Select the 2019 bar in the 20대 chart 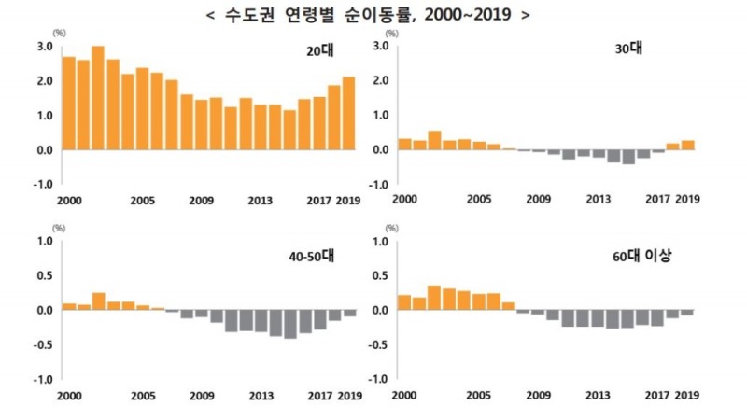pos(348,113)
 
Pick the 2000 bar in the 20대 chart pos(68,103)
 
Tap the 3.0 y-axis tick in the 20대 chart pos(45,46)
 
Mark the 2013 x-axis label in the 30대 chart pos(597,199)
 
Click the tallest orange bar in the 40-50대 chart pos(98,301)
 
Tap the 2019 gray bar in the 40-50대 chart pos(348,314)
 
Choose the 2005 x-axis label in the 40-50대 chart pos(142,397)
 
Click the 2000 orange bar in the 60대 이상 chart pos(404,302)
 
